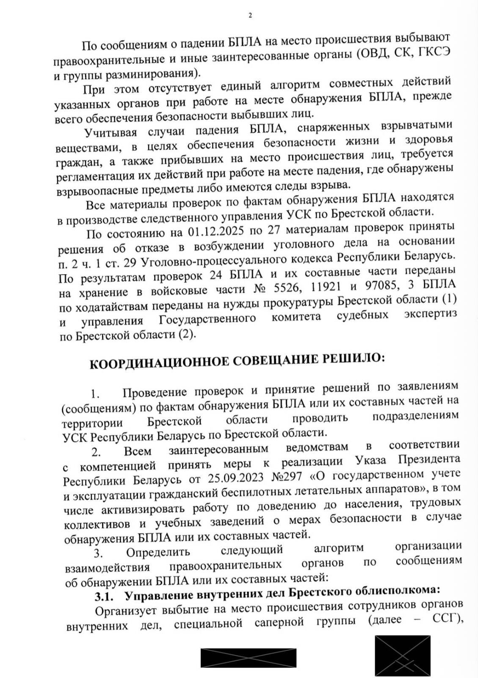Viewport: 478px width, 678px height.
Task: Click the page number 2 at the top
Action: pyautogui.click(x=249, y=16)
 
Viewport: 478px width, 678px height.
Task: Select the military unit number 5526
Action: pyautogui.click(x=290, y=288)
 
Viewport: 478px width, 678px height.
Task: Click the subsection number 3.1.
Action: pyautogui.click(x=104, y=597)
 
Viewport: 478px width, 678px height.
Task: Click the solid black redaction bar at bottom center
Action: pyautogui.click(x=248, y=658)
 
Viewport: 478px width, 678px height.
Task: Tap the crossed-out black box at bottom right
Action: pyautogui.click(x=402, y=655)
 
